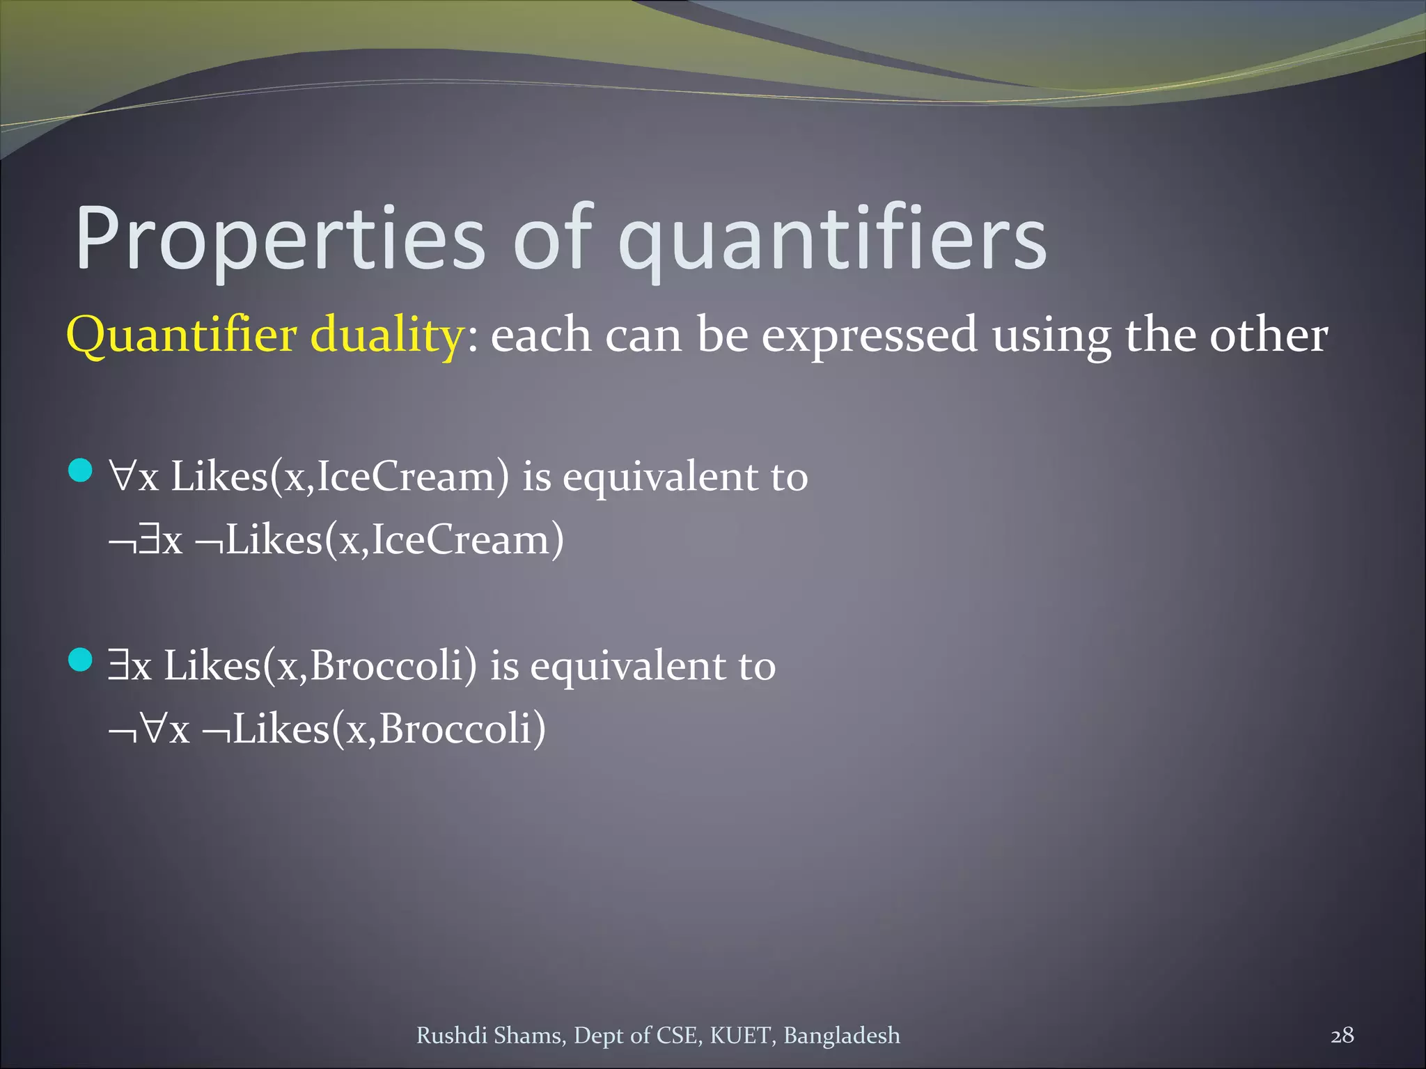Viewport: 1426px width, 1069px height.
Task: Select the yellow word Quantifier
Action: [182, 335]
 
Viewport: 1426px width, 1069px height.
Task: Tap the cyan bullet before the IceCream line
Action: [81, 471]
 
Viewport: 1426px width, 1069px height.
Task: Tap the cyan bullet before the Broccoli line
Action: [81, 660]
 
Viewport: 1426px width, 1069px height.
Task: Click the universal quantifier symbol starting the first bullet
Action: [122, 477]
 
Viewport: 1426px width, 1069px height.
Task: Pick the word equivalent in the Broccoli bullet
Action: [628, 666]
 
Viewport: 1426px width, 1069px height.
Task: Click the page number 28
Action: [1342, 1035]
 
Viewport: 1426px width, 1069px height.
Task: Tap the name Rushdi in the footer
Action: [451, 1036]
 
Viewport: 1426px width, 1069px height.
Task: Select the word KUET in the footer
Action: [742, 1036]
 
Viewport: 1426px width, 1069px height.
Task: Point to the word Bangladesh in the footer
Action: [842, 1036]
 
